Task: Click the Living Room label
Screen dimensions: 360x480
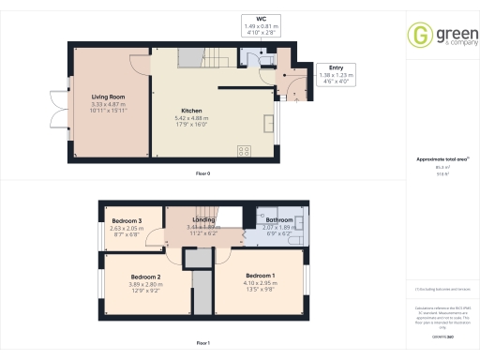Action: click(109, 96)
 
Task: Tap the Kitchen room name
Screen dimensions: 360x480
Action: click(191, 111)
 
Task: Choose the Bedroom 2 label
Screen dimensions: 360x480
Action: click(146, 277)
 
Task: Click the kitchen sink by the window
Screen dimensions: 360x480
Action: click(272, 116)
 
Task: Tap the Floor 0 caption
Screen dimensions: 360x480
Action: click(202, 174)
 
